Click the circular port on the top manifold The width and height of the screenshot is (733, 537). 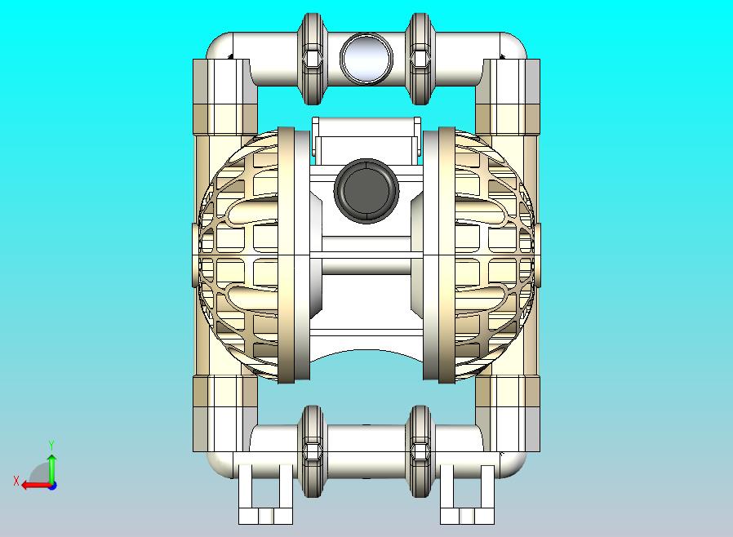(x=366, y=59)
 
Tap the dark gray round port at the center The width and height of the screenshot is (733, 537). (x=366, y=190)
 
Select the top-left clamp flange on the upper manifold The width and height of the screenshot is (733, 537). (x=312, y=59)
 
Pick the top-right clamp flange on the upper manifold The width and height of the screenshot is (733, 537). (x=420, y=59)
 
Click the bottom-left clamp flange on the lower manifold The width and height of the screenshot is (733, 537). (x=312, y=451)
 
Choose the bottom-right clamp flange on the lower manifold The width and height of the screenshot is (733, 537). (x=420, y=451)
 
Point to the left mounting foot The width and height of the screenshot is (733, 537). (x=265, y=494)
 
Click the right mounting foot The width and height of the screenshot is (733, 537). (x=467, y=494)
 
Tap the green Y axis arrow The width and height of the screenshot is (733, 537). (x=52, y=469)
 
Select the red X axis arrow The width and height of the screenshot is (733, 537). (x=37, y=485)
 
